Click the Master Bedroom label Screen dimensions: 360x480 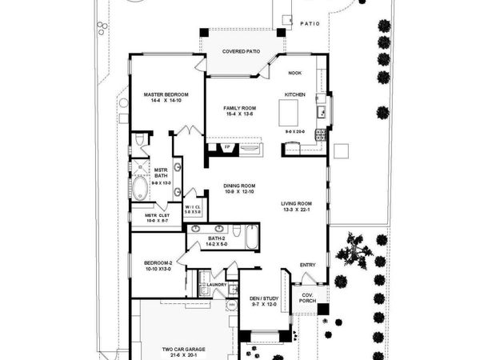click(x=165, y=94)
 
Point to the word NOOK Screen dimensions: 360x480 click(x=294, y=72)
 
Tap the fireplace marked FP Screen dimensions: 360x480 click(x=227, y=148)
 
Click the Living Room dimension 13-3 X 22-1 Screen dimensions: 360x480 click(x=295, y=210)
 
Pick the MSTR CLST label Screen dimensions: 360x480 click(x=155, y=215)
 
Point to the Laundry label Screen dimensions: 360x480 click(x=217, y=284)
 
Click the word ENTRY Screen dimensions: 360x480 click(x=307, y=265)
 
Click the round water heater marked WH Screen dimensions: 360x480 click(x=232, y=305)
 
